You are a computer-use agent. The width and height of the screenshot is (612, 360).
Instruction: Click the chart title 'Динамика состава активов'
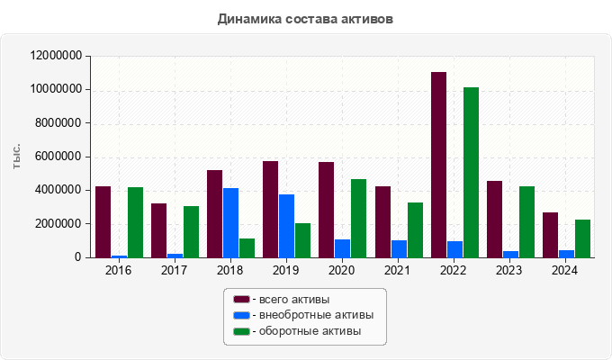(x=306, y=18)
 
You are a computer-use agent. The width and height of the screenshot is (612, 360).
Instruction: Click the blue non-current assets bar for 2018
(x=230, y=223)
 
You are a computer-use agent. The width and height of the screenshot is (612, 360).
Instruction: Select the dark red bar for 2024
(x=550, y=235)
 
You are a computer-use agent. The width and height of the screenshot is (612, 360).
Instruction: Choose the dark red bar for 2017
(x=158, y=230)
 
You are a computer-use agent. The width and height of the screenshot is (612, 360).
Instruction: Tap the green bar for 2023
(x=526, y=222)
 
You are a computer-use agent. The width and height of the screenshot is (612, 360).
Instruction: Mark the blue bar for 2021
(x=399, y=249)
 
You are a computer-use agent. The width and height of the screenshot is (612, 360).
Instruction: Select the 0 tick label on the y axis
(x=78, y=257)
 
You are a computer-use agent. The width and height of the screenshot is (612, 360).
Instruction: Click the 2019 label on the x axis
(x=286, y=270)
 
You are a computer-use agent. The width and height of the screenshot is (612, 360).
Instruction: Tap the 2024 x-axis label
(x=565, y=270)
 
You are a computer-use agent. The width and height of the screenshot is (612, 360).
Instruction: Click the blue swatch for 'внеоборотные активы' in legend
(x=241, y=315)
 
